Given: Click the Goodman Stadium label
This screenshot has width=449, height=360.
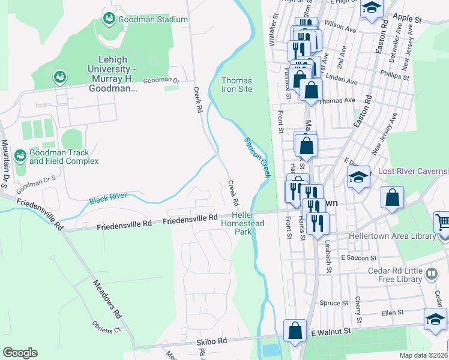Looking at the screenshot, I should click(x=153, y=19).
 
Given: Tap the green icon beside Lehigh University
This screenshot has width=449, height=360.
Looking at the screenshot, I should click(x=60, y=77).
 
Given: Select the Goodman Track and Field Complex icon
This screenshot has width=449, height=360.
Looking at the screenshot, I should click(x=20, y=156).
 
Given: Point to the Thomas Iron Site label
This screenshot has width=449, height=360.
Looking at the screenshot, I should click(x=237, y=85).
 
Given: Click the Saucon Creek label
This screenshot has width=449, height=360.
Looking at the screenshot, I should click(x=258, y=157).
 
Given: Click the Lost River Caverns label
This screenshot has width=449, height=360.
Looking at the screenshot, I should click(x=413, y=172).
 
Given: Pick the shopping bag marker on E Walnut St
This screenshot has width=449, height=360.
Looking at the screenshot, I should click(x=295, y=331).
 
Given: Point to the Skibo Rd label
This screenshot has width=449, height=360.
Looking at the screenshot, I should click(x=213, y=340).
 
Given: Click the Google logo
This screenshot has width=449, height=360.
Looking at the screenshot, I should click(x=20, y=353).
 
